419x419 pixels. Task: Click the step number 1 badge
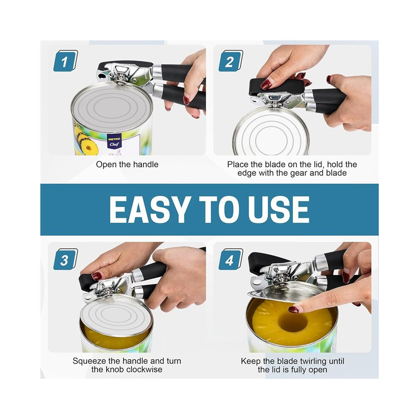point(66,61)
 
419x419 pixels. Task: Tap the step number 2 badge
point(231,61)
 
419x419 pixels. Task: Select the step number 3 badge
point(66,259)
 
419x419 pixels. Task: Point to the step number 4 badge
point(231,259)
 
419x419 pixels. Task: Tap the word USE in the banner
point(279,209)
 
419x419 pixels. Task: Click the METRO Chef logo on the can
point(114,142)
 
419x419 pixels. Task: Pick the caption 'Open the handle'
point(127,164)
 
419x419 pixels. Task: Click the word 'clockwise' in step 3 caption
point(144,369)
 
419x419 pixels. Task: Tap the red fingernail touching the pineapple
point(294,310)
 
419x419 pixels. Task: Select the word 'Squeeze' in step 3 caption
point(89,361)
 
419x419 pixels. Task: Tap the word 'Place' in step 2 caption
point(238,164)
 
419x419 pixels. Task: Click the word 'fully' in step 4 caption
point(300,370)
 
